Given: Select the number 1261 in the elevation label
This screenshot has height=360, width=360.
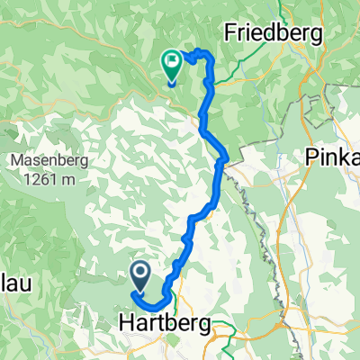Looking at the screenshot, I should tap(40, 180).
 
